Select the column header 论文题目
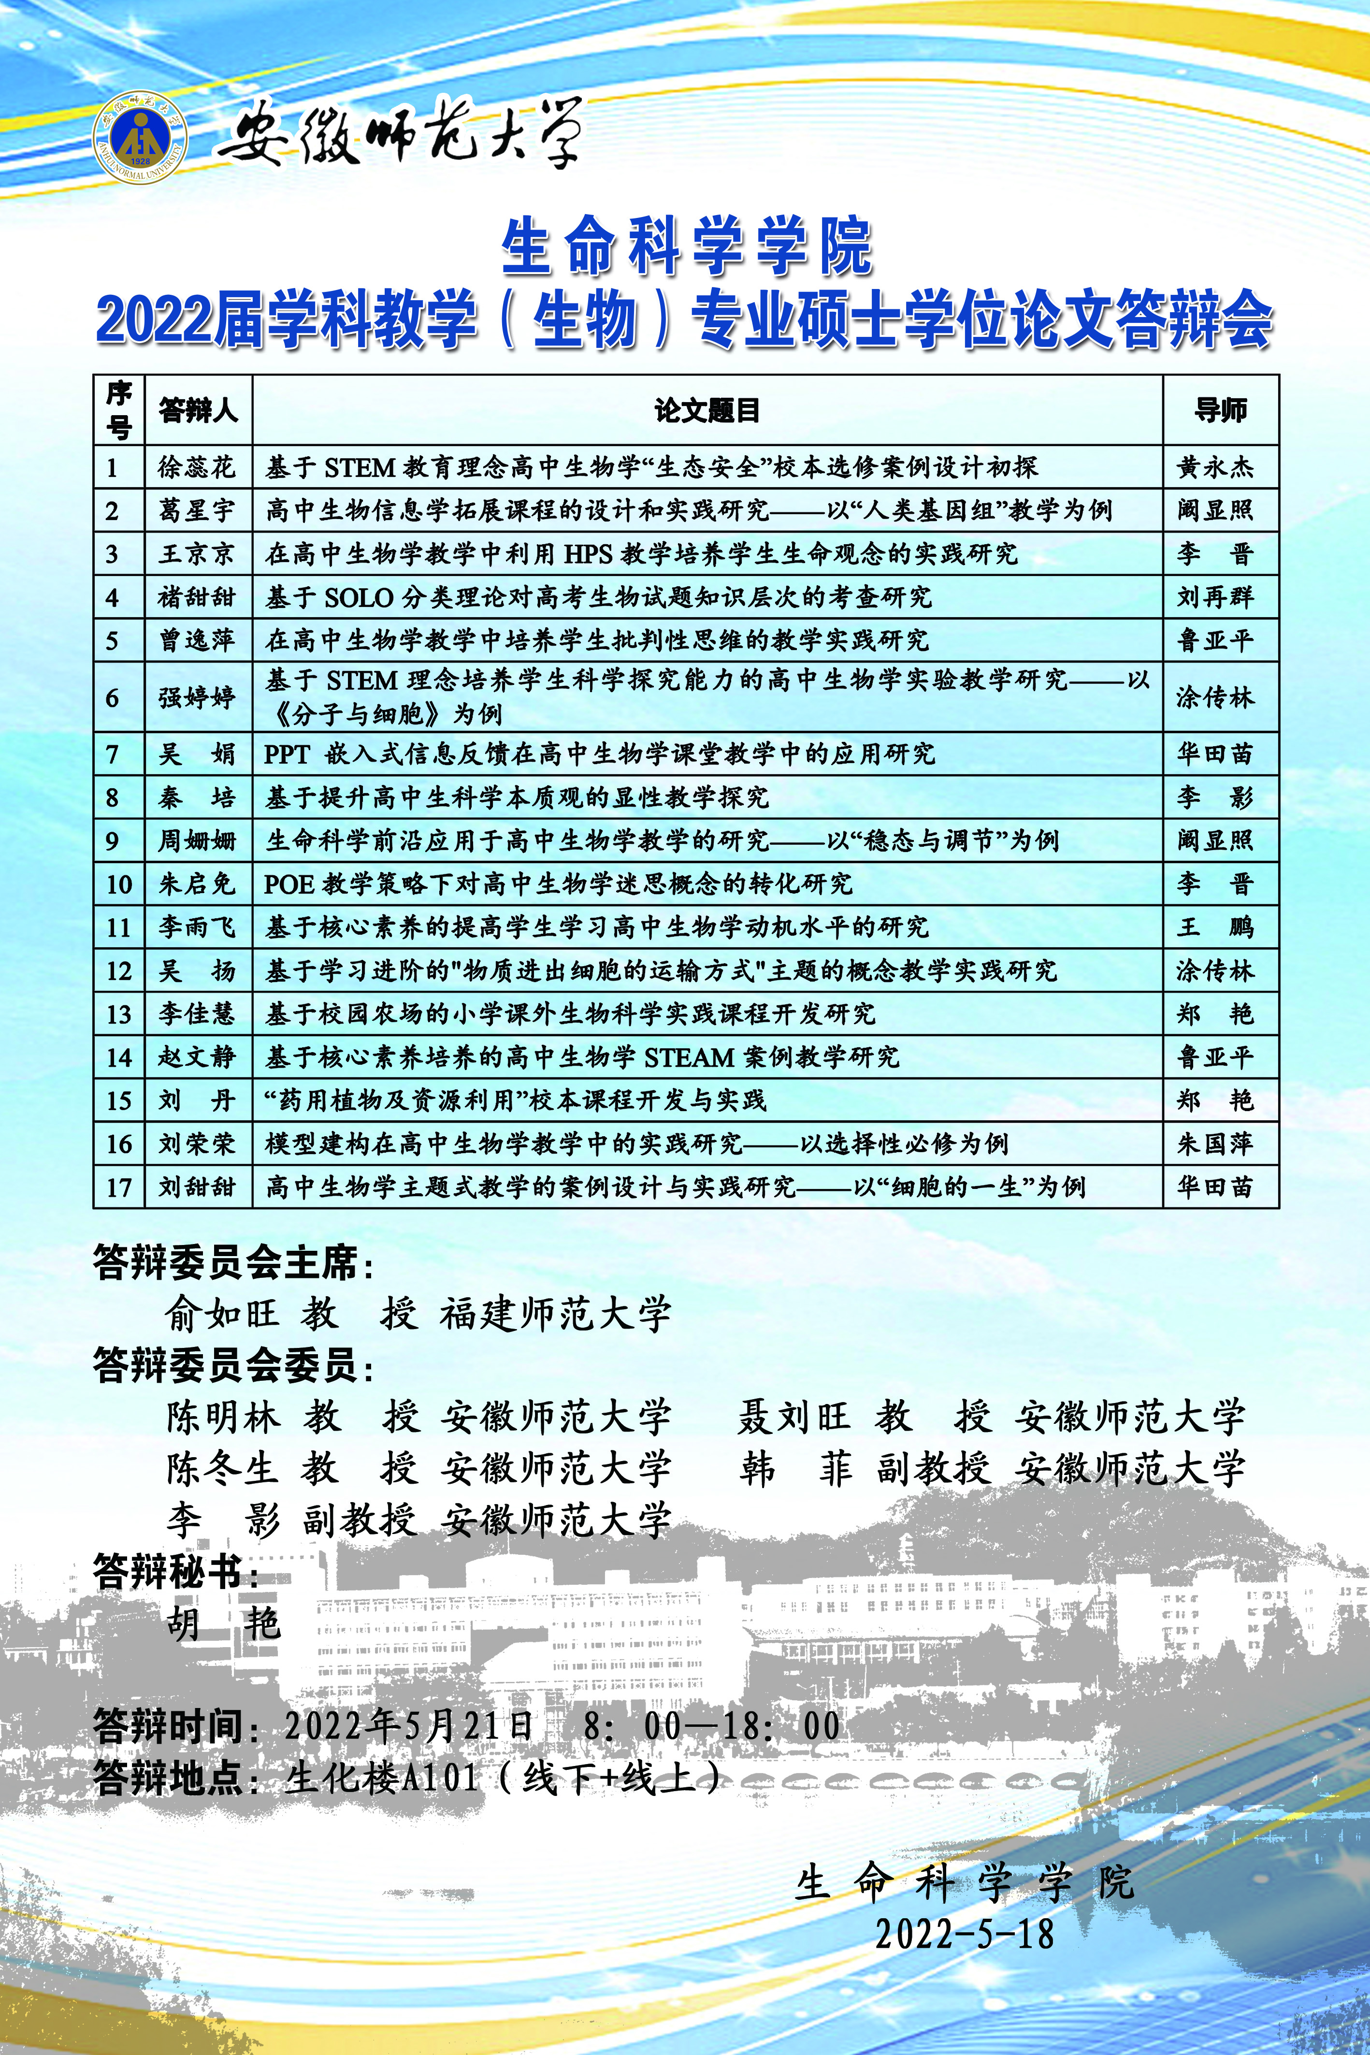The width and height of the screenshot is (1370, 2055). (x=707, y=410)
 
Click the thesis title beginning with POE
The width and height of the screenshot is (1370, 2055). (x=559, y=883)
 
